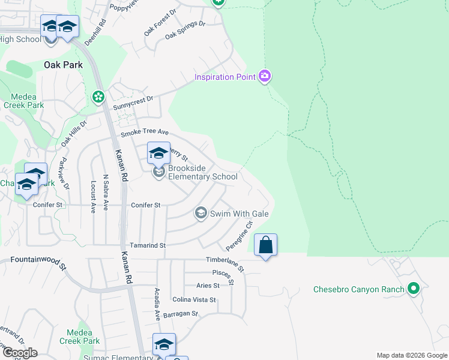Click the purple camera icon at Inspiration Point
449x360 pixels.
pyautogui.click(x=265, y=76)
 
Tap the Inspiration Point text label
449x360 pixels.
pyautogui.click(x=225, y=77)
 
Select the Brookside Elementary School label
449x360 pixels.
pyautogui.click(x=202, y=172)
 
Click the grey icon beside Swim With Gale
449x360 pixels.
pyautogui.click(x=200, y=214)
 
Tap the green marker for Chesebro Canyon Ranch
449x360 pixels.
pyautogui.click(x=412, y=289)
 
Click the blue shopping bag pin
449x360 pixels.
pyautogui.click(x=265, y=245)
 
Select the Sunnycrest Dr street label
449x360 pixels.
pyautogui.click(x=133, y=103)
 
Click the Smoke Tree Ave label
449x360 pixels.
pyautogui.click(x=145, y=134)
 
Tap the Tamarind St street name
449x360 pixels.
pyautogui.click(x=147, y=245)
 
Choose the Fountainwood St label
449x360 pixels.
pyautogui.click(x=37, y=261)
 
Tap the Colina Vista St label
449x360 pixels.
pyautogui.click(x=194, y=299)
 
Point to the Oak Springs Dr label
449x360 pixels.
pyautogui.click(x=185, y=30)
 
